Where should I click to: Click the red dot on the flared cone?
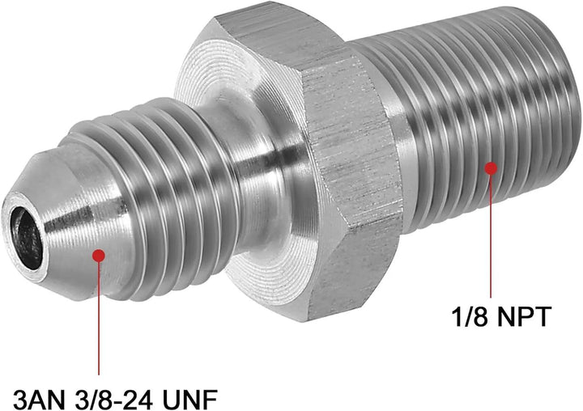point(99,255)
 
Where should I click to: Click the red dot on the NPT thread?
point(490,168)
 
